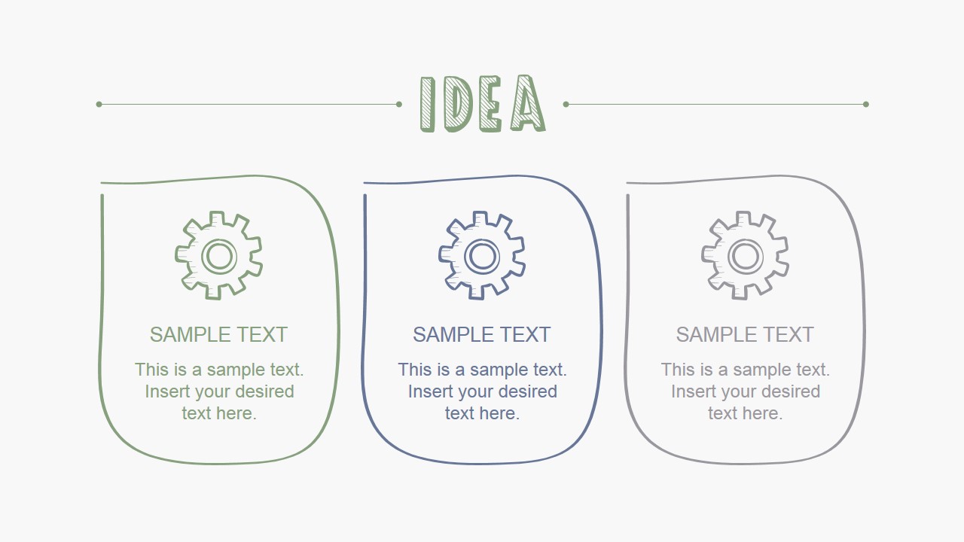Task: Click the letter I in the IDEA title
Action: click(x=428, y=104)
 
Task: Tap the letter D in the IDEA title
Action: click(x=458, y=104)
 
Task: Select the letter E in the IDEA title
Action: click(x=490, y=104)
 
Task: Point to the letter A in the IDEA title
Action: click(x=527, y=104)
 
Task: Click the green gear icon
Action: click(x=218, y=255)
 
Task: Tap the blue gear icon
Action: click(x=482, y=255)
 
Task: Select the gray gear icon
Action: click(x=745, y=255)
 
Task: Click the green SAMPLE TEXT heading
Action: click(x=218, y=334)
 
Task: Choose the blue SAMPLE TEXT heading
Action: click(x=482, y=334)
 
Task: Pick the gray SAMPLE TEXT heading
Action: click(x=745, y=334)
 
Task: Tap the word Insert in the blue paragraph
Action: click(x=432, y=391)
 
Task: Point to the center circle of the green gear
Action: click(x=218, y=256)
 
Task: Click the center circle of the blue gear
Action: click(x=482, y=256)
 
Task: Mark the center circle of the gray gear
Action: click(x=745, y=256)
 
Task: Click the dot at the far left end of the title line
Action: click(x=99, y=104)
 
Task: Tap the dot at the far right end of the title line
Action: click(x=866, y=104)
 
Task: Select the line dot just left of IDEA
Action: click(x=399, y=104)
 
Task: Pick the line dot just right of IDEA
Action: click(x=566, y=104)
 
